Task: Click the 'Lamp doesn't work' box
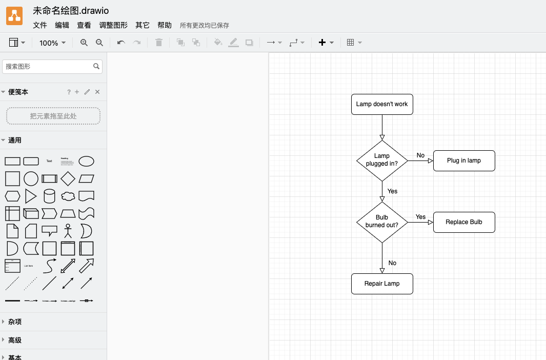pyautogui.click(x=382, y=104)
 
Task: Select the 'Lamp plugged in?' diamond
pyautogui.click(x=382, y=161)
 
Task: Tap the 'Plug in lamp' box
pyautogui.click(x=464, y=161)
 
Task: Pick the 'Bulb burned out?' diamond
pyautogui.click(x=382, y=222)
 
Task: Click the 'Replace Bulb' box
pyautogui.click(x=464, y=222)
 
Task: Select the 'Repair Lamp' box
pyautogui.click(x=382, y=284)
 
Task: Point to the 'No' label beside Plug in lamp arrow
pyautogui.click(x=420, y=155)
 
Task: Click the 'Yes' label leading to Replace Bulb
pyautogui.click(x=420, y=217)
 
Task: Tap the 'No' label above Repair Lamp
pyautogui.click(x=392, y=263)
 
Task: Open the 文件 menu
pyautogui.click(x=40, y=25)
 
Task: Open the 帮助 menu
pyautogui.click(x=165, y=25)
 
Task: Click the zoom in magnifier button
pyautogui.click(x=84, y=43)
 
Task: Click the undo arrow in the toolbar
pyautogui.click(x=121, y=43)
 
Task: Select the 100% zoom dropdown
pyautogui.click(x=52, y=43)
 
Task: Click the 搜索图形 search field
pyautogui.click(x=49, y=67)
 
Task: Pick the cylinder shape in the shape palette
pyautogui.click(x=49, y=196)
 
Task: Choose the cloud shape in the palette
pyautogui.click(x=68, y=196)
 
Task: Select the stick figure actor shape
pyautogui.click(x=68, y=231)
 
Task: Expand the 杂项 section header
pyautogui.click(x=15, y=322)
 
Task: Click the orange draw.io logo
pyautogui.click(x=14, y=16)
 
